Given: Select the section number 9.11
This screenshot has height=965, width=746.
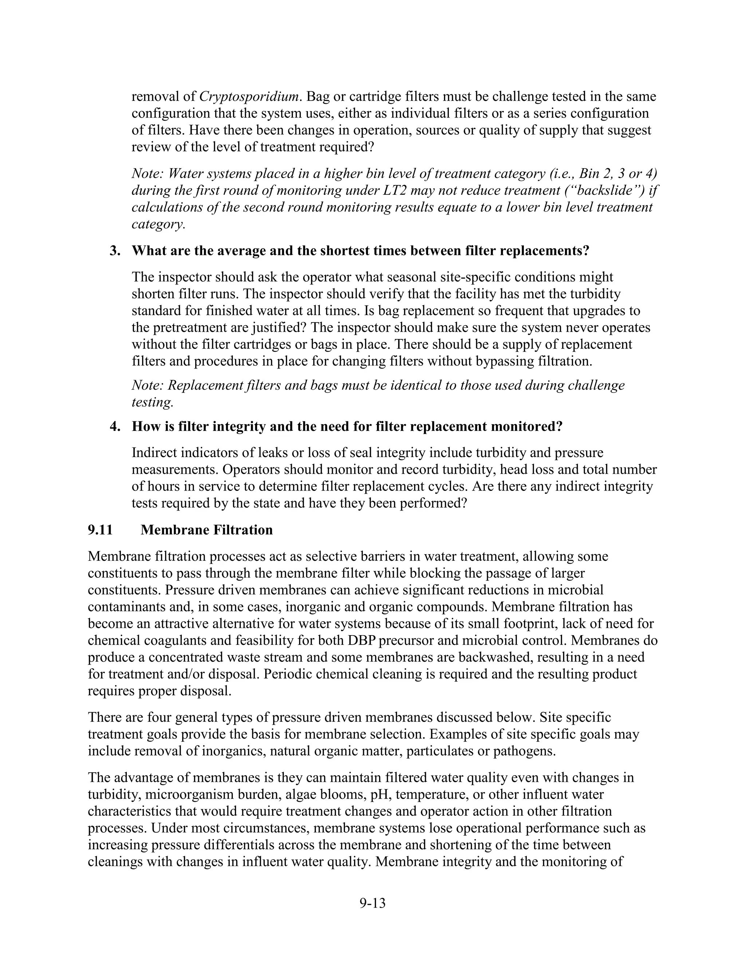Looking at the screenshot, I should coord(100,530).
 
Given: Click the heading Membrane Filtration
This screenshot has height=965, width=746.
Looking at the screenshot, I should coord(207,530).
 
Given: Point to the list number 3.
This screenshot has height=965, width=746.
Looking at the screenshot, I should coord(114,251).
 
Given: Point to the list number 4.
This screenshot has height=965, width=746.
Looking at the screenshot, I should coord(114,427).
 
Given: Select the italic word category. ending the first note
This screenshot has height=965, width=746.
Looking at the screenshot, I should coord(158,224).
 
